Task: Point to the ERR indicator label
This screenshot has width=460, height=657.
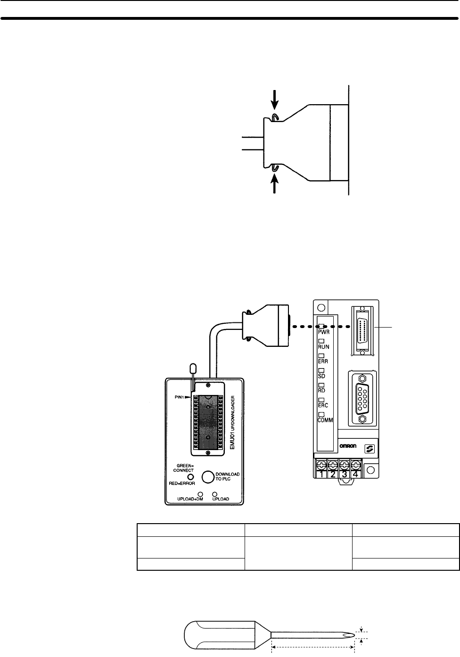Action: click(x=323, y=361)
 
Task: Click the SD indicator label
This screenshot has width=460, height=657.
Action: click(x=321, y=376)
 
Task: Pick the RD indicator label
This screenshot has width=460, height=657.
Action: click(x=321, y=390)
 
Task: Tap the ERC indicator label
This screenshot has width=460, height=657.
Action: click(x=323, y=405)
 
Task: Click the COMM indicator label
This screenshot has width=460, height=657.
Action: click(x=325, y=420)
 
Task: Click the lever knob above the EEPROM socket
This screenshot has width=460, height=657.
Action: click(x=192, y=368)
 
